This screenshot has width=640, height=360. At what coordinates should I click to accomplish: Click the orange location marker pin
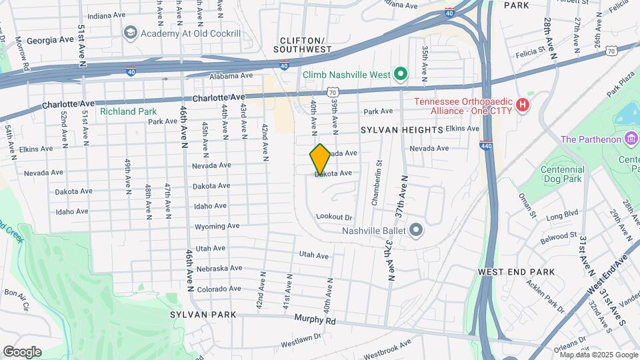pos(320,159)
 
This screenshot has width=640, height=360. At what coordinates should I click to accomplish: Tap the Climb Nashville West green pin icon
pos(400,74)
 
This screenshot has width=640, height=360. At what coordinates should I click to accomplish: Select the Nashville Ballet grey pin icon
pos(417,231)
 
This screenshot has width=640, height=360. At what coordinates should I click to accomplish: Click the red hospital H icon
pos(523,105)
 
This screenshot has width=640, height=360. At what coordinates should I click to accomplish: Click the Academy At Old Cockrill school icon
pos(129,33)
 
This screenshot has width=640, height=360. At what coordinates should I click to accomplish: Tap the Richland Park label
pos(128,111)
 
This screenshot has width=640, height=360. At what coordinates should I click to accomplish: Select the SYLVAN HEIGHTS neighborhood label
pos(402,129)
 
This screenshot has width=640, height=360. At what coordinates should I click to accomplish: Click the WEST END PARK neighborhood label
pos(516,272)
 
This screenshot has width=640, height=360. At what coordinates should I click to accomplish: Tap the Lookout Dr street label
pos(333,217)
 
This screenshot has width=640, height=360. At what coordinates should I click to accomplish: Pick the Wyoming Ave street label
pos(217,227)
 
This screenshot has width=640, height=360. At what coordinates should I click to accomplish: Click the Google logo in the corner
pos(22,352)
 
